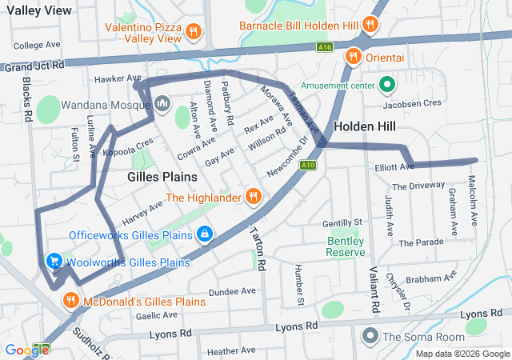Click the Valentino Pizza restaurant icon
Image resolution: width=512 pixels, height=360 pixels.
click(193, 32)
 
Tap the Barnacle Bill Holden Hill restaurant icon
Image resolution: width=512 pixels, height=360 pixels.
click(370, 26)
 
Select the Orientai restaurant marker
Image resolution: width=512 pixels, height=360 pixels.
click(353, 57)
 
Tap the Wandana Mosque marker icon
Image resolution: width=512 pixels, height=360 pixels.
click(162, 103)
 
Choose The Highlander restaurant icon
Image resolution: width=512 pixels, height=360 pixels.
click(253, 196)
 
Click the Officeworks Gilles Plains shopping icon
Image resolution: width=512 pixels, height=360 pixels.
click(206, 234)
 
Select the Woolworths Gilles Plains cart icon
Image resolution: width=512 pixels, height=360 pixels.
click(54, 262)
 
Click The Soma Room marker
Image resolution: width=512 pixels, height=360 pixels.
click(370, 335)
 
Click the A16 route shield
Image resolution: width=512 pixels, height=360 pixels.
click(323, 48)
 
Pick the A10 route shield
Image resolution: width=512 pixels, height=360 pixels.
click(308, 166)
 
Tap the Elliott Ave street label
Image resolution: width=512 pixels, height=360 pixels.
click(394, 167)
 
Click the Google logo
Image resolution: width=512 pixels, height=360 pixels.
click(26, 350)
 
